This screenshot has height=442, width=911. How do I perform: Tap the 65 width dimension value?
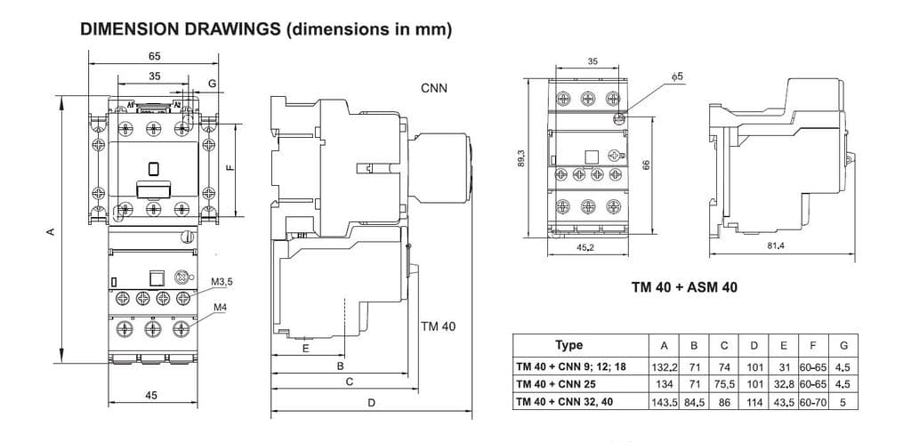(x=155, y=56)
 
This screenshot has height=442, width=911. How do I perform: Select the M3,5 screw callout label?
(x=222, y=283)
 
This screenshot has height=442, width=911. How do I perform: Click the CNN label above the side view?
(x=434, y=88)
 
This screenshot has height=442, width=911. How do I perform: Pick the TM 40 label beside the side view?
(x=437, y=326)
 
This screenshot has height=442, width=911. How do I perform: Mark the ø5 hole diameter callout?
(x=677, y=78)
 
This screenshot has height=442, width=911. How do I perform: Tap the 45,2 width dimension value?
(x=585, y=248)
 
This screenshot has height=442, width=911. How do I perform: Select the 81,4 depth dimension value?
(x=775, y=246)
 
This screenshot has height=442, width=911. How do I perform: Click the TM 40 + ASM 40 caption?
(x=684, y=287)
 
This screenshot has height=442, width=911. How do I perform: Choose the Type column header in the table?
(x=568, y=345)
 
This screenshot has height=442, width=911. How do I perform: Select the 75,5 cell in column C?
(x=724, y=384)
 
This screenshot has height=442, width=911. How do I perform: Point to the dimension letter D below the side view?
(x=372, y=403)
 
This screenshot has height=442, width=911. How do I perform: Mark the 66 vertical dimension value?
(x=647, y=165)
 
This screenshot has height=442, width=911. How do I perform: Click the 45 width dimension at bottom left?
(x=151, y=395)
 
